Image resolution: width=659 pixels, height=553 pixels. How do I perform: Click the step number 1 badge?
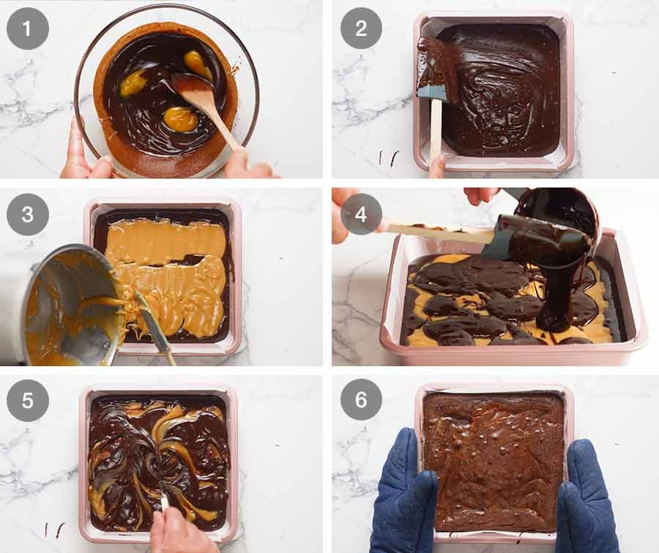[28, 29]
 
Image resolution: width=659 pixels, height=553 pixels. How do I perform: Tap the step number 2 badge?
[360, 29]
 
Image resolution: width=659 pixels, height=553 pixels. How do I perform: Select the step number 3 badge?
[28, 214]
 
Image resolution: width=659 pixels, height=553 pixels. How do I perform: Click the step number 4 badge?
[360, 214]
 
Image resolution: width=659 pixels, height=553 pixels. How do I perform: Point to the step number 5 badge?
[28, 399]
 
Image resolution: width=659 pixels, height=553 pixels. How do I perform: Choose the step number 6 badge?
[360, 399]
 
